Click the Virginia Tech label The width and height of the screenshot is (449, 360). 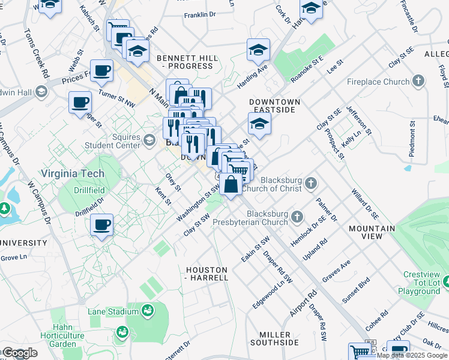pyautogui.click(x=73, y=173)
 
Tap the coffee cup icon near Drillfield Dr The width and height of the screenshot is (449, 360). pyautogui.click(x=101, y=225)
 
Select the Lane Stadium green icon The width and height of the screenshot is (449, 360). pyautogui.click(x=146, y=311)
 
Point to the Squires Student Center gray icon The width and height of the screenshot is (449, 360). pyautogui.click(x=149, y=141)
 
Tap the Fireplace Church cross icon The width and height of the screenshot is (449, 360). pyautogui.click(x=418, y=81)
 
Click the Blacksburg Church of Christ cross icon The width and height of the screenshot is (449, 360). pyautogui.click(x=310, y=182)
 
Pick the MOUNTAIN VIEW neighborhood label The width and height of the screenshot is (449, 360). pyautogui.click(x=373, y=232)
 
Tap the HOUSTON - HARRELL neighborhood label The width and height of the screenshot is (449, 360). pyautogui.click(x=206, y=274)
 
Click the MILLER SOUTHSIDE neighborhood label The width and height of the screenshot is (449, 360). pyautogui.click(x=279, y=338)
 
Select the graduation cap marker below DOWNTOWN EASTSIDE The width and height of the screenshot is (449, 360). pyautogui.click(x=259, y=124)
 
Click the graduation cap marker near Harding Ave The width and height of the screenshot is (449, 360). pyautogui.click(x=258, y=50)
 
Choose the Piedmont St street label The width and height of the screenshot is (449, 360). pyautogui.click(x=412, y=140)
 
